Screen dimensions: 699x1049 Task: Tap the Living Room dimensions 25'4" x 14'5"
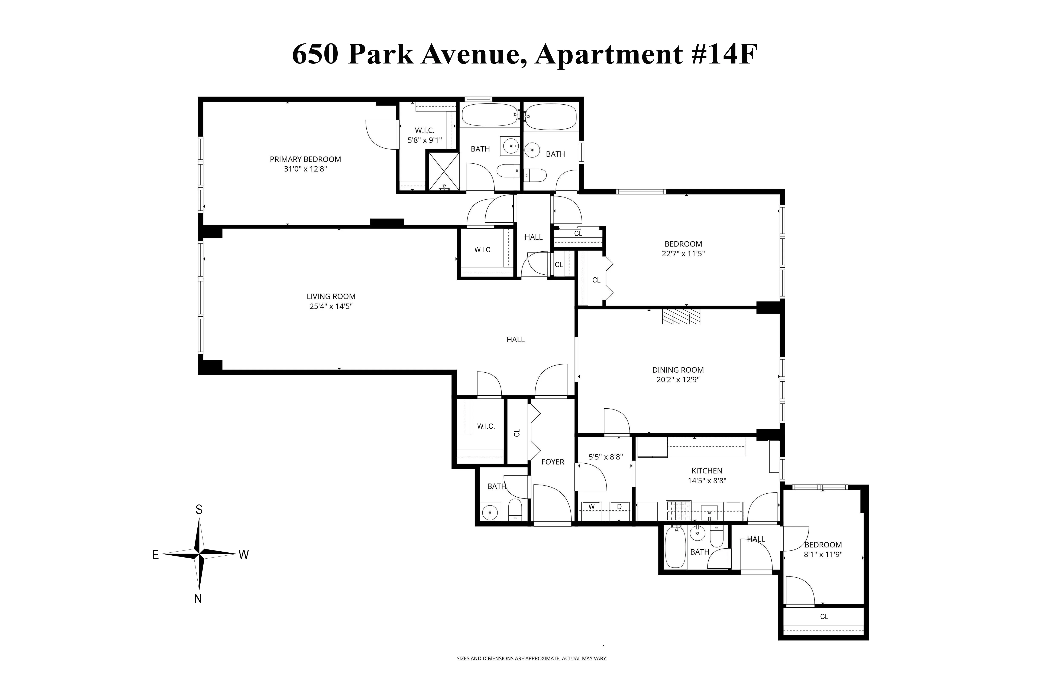point(331,306)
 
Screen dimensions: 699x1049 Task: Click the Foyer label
point(553,462)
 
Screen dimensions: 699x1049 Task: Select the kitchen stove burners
point(678,511)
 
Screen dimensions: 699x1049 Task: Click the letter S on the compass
point(199,510)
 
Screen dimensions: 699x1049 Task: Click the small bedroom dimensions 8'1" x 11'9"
point(823,555)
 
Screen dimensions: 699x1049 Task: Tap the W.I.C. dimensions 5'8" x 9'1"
point(425,140)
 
